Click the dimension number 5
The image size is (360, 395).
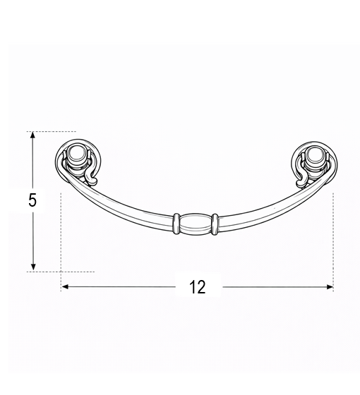[32, 200]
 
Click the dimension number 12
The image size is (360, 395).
[198, 287]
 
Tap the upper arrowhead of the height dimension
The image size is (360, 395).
[32, 135]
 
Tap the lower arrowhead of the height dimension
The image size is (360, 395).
[32, 268]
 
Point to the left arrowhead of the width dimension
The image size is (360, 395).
[65, 286]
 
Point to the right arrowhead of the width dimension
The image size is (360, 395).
[330, 286]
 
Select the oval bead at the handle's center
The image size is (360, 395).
[196, 224]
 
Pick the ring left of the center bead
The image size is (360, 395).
[176, 224]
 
